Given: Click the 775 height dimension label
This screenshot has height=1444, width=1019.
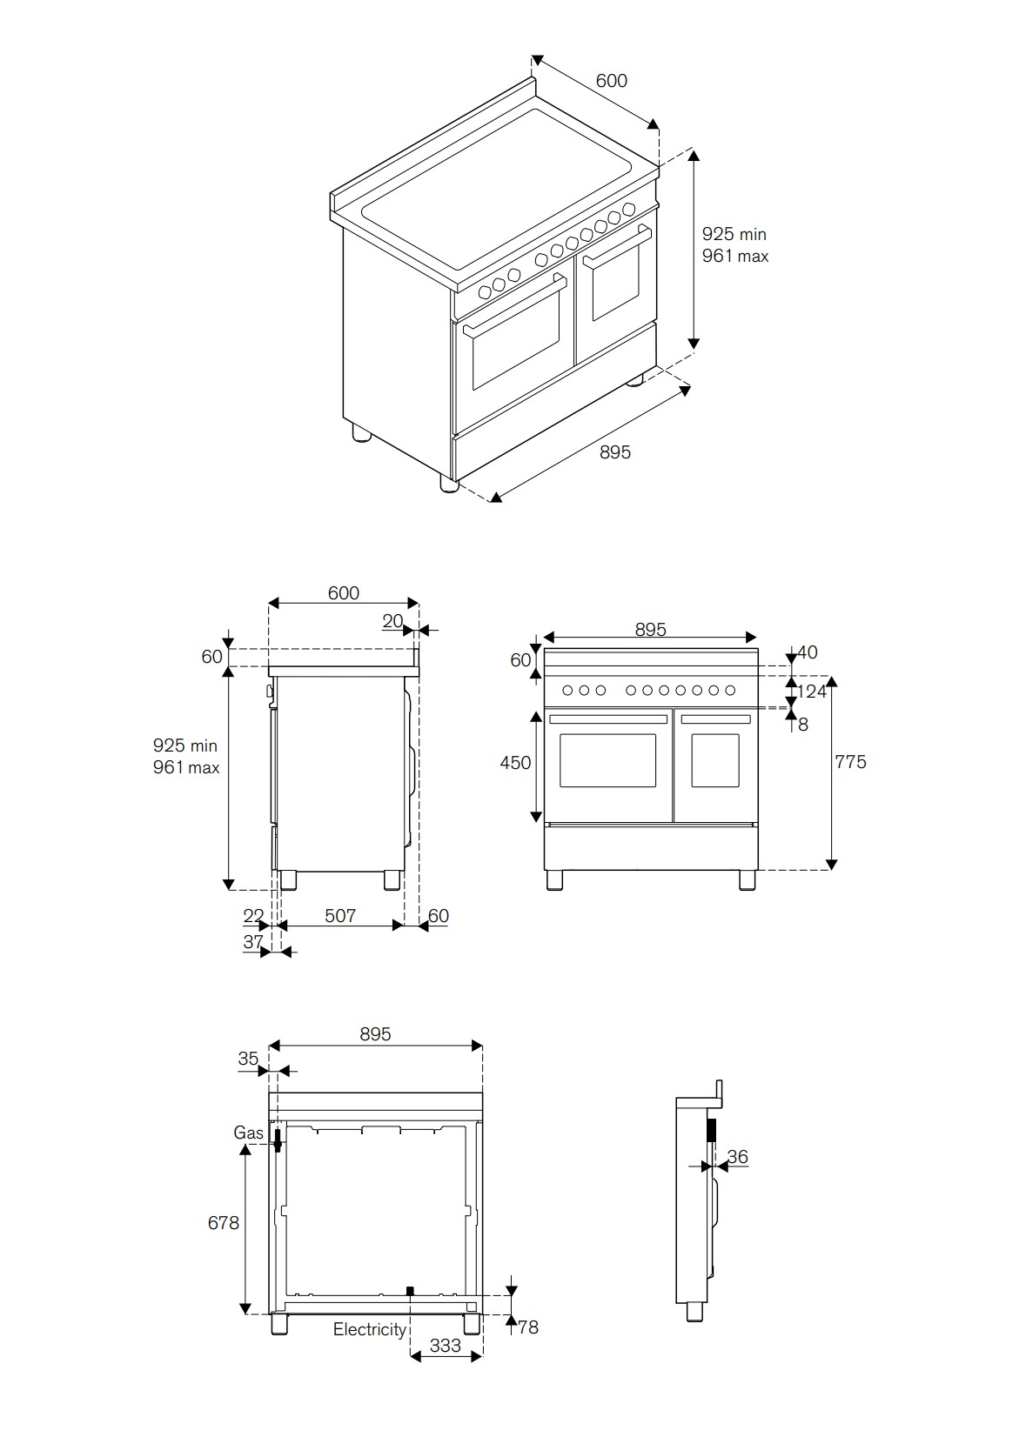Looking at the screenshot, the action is click(x=850, y=762).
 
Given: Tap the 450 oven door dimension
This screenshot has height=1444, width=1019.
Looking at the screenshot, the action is click(x=515, y=763).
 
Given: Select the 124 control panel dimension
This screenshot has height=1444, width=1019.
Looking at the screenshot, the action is click(x=811, y=692).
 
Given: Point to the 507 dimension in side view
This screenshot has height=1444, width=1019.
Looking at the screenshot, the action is click(x=340, y=915).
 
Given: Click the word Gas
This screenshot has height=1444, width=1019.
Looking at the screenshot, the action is click(x=248, y=1133).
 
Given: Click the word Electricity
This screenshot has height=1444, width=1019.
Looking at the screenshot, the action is click(x=370, y=1329).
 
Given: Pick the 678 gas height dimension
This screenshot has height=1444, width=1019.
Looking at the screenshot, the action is click(x=223, y=1223).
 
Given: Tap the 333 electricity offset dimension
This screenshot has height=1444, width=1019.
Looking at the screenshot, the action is click(x=445, y=1346).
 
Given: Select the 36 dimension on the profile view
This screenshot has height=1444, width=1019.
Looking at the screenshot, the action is click(x=737, y=1156).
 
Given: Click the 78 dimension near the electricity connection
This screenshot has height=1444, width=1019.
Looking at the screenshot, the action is click(x=528, y=1327).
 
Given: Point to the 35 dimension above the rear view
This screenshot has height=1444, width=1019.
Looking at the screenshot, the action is click(x=248, y=1059).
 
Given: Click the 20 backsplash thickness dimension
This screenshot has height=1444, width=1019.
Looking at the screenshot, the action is click(x=392, y=621).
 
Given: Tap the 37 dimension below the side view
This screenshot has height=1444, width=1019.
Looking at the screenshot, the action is click(x=253, y=942).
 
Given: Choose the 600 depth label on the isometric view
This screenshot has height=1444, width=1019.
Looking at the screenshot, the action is click(x=612, y=81).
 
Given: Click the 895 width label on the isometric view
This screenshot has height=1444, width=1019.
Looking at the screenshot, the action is click(x=614, y=451).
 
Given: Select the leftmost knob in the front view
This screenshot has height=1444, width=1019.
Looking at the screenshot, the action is click(x=567, y=691).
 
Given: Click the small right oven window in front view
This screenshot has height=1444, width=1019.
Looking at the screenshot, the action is click(x=715, y=760).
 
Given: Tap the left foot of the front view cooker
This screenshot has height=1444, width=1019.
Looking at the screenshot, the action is click(x=554, y=880).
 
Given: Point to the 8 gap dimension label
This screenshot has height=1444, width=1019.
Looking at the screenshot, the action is click(x=803, y=725).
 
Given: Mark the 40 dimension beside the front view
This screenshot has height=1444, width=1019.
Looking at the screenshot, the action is click(x=808, y=652).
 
